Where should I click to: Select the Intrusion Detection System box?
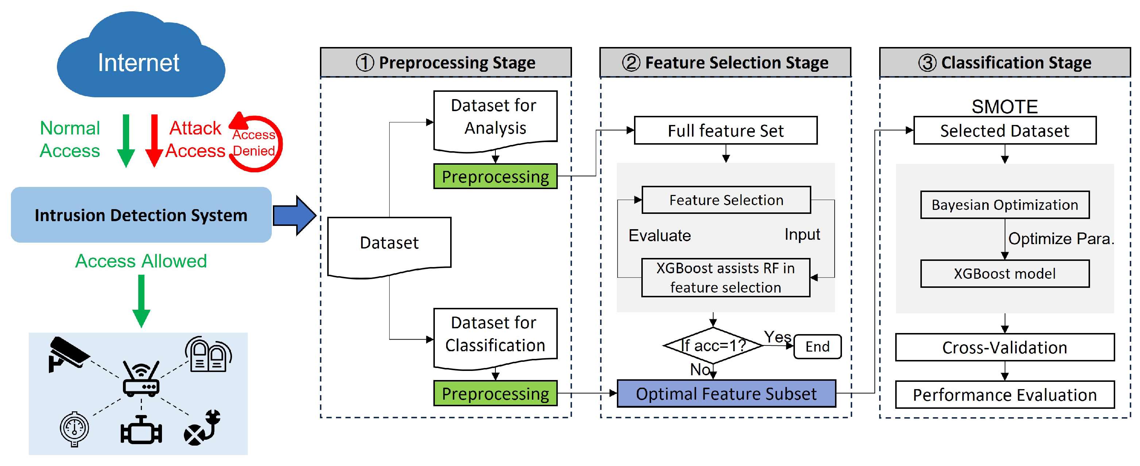point(141,215)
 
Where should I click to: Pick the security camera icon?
point(69,354)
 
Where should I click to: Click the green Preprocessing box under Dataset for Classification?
point(495,393)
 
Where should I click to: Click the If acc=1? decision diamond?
point(713,346)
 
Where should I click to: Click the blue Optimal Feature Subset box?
point(726,393)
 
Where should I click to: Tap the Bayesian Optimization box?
point(1004,205)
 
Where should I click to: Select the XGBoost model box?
point(1004,274)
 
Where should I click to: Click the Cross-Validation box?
point(1004,348)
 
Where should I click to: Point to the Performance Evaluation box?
point(1004,395)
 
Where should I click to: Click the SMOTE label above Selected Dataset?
point(1004,106)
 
